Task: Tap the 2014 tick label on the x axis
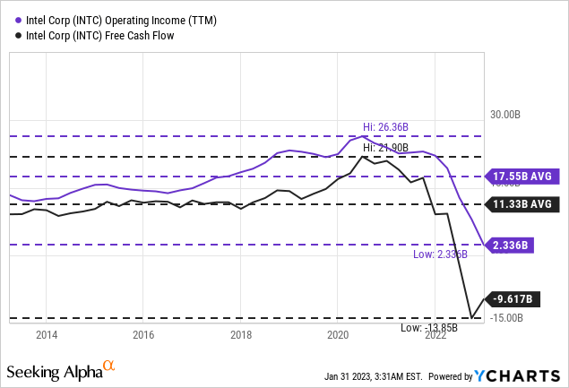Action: point(47,335)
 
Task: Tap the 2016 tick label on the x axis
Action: point(143,335)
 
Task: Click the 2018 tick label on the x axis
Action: point(241,335)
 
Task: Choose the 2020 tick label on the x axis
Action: point(338,335)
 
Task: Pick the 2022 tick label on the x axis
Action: point(435,335)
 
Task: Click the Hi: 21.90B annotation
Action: point(386,147)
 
